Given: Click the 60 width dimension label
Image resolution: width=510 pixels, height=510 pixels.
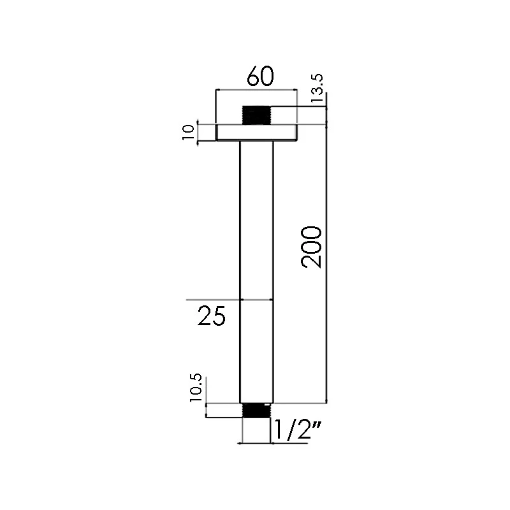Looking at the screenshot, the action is [x=260, y=76].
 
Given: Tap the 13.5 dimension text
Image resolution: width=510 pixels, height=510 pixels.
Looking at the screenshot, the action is [x=317, y=88].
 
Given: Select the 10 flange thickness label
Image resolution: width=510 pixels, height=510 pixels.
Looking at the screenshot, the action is [x=188, y=133].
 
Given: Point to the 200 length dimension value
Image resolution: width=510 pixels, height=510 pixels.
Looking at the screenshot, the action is [x=312, y=247].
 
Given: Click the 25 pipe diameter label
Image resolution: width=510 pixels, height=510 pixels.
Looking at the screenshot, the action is [x=212, y=316].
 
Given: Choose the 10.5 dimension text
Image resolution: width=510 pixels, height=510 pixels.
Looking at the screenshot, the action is [x=196, y=388].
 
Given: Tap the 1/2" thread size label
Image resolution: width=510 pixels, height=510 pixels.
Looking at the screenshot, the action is [x=295, y=429].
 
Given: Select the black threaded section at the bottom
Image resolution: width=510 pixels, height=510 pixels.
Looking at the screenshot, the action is [x=257, y=410].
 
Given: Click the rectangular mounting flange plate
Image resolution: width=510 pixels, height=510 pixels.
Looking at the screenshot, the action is [x=257, y=133].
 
